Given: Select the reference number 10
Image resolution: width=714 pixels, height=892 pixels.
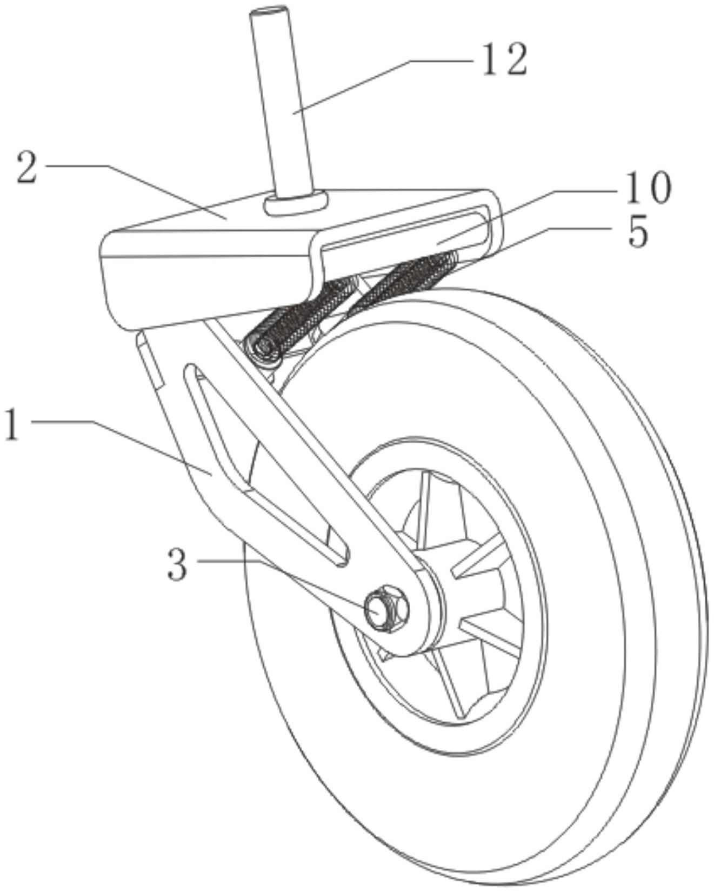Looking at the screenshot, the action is point(648,188).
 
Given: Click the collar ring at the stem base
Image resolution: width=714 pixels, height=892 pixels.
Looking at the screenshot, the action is point(296,203).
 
